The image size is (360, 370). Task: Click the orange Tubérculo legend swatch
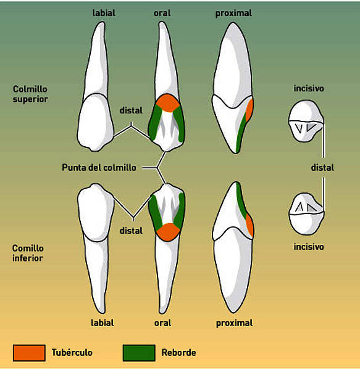click(x=29, y=353)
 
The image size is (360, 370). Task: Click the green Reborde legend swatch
click(x=139, y=353)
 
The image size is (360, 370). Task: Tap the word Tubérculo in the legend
click(x=72, y=352)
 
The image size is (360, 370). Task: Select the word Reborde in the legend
click(x=179, y=353)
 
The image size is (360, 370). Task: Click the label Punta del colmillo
click(x=99, y=168)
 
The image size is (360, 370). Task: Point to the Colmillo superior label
click(x=30, y=94)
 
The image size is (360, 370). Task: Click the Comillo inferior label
click(x=28, y=253)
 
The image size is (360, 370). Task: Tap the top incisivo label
click(x=309, y=88)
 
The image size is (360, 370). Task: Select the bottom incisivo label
click(x=309, y=247)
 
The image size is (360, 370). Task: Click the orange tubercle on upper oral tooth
click(x=167, y=103)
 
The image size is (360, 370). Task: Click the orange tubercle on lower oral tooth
click(x=168, y=232)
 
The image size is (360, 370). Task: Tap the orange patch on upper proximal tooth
click(x=249, y=110)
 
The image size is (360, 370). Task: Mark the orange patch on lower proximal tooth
click(x=250, y=225)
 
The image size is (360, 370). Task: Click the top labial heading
click(x=104, y=13)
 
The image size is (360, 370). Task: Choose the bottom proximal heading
click(x=234, y=323)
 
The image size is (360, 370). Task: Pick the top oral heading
click(x=162, y=13)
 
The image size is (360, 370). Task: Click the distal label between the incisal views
click(x=322, y=168)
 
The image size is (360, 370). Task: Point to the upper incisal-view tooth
click(x=306, y=121)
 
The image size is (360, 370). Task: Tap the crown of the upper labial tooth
click(x=96, y=122)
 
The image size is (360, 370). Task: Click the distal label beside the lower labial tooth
click(x=131, y=231)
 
